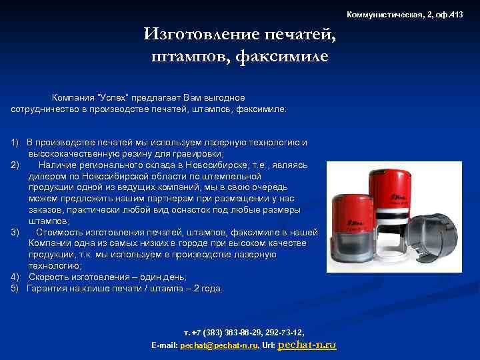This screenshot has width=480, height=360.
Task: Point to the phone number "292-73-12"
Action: (283, 332)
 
